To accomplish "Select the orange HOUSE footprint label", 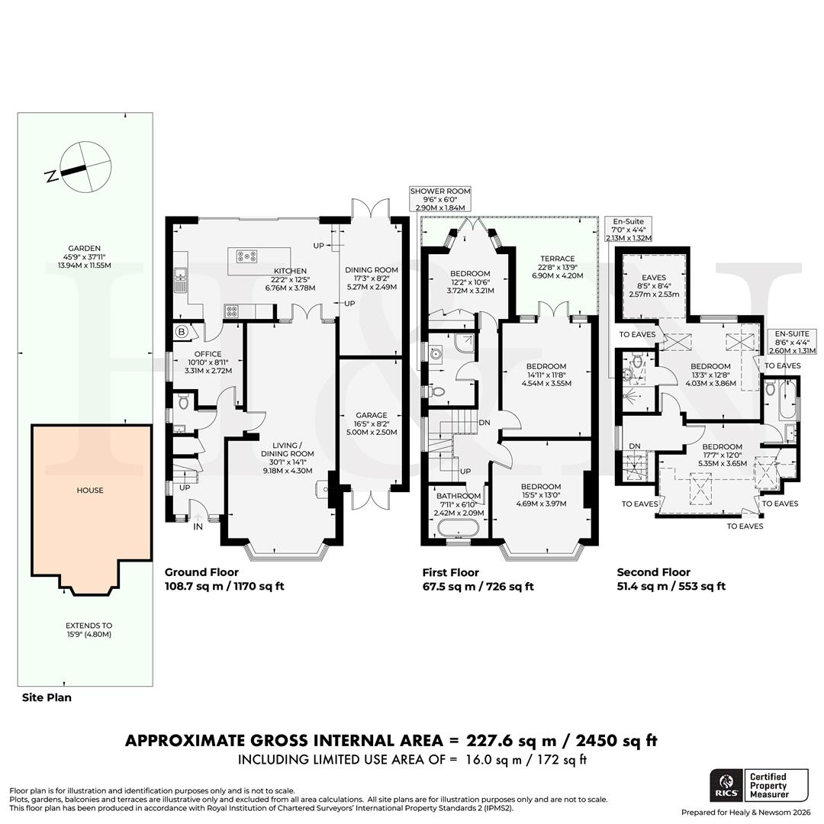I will pos(90,491).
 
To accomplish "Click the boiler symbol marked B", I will pos(182,331).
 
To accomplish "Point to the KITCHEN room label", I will pos(290,271).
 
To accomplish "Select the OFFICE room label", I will pos(208,354).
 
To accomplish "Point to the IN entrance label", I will pos(198,526).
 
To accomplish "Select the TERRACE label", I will pos(557,259).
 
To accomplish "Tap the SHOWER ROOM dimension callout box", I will pos(440,199).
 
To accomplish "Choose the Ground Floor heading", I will pos(201,572).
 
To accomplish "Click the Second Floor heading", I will pos(653,572).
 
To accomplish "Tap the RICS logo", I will pos(724,786).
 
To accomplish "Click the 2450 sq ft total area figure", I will pos(606,740).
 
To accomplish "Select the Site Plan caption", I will pos(47,697).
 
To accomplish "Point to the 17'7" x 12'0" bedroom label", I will pos(722,455).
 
